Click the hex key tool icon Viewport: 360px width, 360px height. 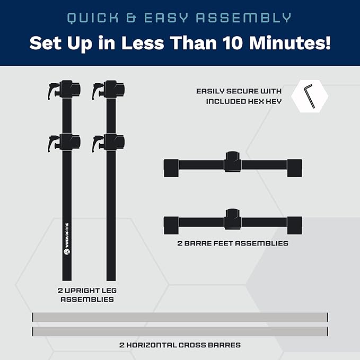(309, 95)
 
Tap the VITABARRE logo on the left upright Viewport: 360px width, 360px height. (67, 239)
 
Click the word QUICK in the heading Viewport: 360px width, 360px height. (93, 18)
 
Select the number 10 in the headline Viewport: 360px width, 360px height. (233, 43)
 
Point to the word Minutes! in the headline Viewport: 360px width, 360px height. (290, 43)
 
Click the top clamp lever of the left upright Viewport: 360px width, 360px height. (52, 91)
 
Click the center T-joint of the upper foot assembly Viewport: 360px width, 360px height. (233, 162)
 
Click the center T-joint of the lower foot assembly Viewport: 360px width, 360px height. (233, 219)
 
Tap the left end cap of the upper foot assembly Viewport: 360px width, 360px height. (171, 168)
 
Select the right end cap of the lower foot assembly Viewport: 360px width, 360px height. (295, 225)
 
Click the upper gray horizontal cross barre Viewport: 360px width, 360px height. (180, 317)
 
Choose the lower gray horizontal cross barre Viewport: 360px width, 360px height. (180, 331)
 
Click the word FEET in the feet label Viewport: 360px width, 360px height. (224, 243)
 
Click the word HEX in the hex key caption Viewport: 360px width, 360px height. (257, 101)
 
